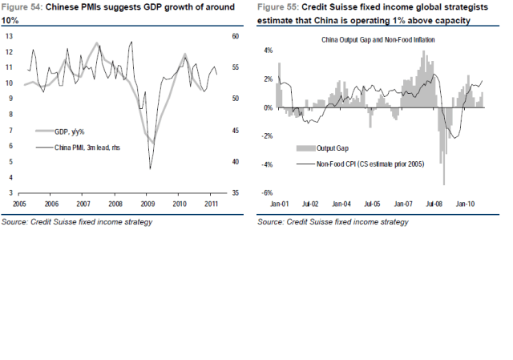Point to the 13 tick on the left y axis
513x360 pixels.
coord(9,37)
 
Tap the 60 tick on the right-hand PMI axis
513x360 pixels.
coord(235,37)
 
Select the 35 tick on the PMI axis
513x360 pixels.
coord(235,193)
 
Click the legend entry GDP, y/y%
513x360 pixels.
coord(70,131)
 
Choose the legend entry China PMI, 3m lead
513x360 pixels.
coord(81,147)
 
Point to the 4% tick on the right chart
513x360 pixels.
coord(269,51)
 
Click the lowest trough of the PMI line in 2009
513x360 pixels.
coord(151,168)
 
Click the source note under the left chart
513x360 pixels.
coord(77,222)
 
